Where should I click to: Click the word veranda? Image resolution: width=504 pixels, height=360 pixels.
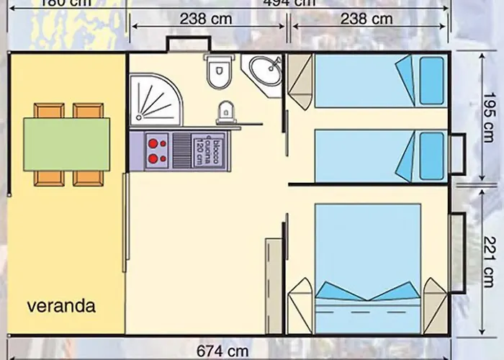pos(61,305)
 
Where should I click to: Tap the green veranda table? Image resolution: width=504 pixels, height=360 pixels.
pos(66,144)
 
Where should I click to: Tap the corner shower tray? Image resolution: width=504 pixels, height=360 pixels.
pos(151,101)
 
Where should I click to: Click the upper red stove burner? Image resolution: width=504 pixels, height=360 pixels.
pos(153,143)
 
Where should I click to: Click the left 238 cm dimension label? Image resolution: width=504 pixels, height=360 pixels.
pos(207,18)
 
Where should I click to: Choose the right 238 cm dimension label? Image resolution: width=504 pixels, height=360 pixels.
pos(368,18)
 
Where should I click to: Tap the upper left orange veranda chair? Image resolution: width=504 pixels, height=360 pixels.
pos(49,112)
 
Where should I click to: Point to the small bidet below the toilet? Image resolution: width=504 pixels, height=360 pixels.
pos(225,112)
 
